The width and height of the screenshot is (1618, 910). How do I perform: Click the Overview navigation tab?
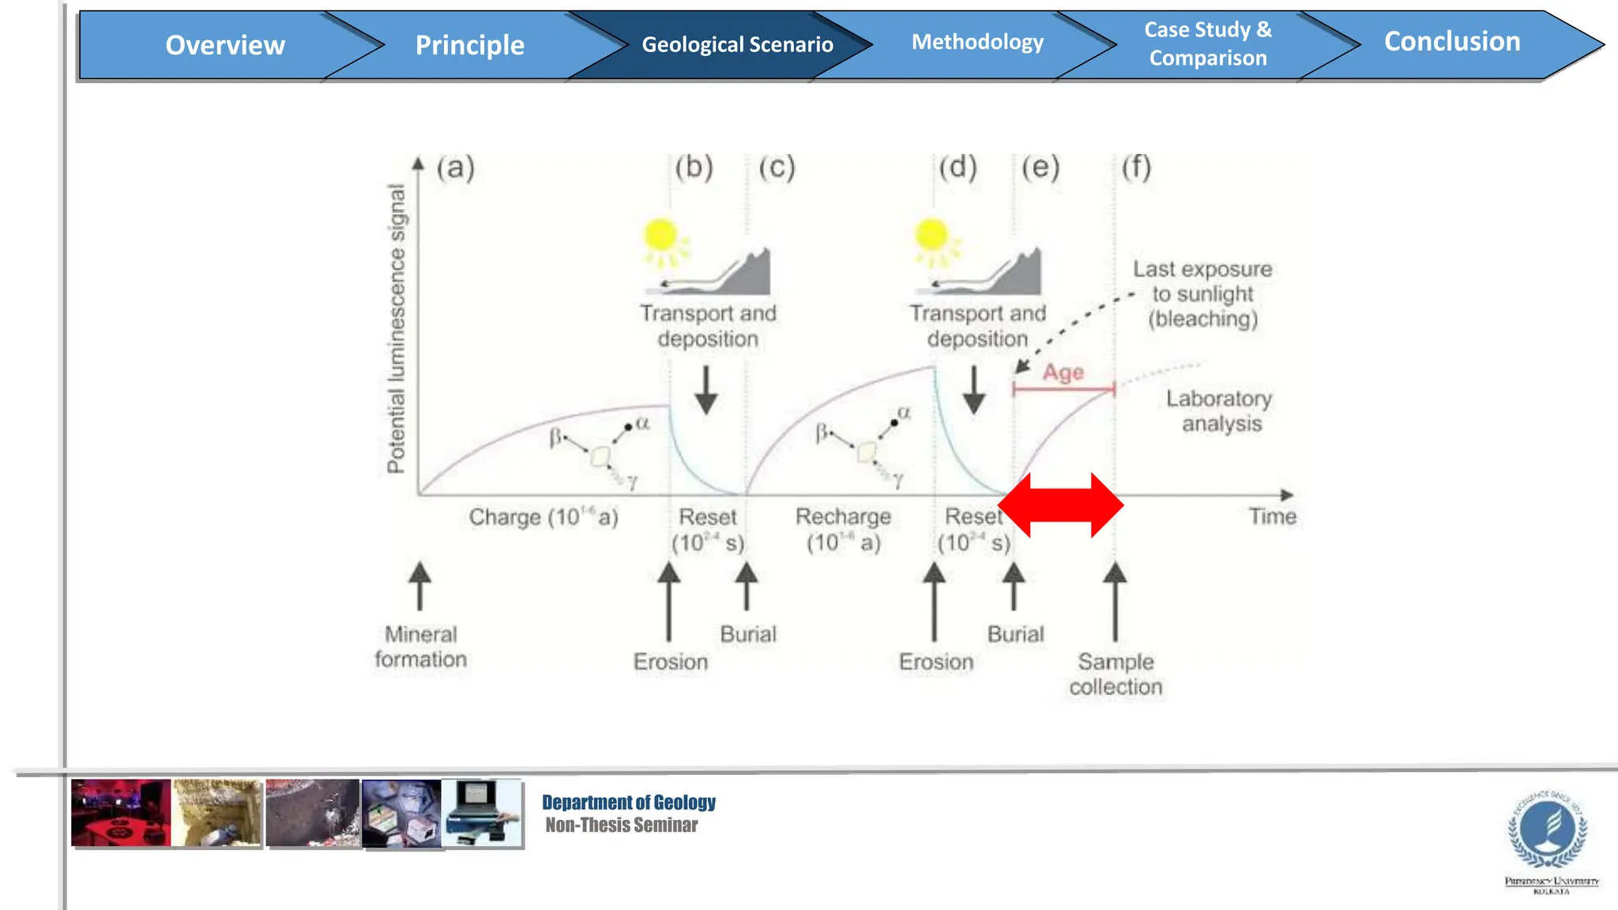(225, 45)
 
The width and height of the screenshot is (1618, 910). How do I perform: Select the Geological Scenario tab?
(736, 45)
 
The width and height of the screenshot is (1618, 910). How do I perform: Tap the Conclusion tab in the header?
(1451, 42)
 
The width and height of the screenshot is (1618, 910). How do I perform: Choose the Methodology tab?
(977, 42)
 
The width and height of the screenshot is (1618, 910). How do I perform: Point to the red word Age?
(1063, 372)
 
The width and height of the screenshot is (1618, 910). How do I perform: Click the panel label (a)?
(456, 167)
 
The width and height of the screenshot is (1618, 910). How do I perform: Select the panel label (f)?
(1136, 167)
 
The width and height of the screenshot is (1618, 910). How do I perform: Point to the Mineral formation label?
(420, 646)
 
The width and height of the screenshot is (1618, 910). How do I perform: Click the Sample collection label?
(1116, 674)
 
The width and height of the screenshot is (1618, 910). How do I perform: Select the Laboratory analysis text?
(1220, 411)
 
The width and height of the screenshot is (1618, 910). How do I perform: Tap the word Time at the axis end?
(1272, 517)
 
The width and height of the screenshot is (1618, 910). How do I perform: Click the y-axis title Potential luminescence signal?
(396, 328)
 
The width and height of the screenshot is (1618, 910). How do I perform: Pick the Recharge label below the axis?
(843, 517)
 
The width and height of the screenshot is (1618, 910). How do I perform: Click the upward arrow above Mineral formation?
(420, 585)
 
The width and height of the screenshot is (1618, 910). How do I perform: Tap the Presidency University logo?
(1550, 833)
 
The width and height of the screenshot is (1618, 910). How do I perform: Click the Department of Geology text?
(629, 803)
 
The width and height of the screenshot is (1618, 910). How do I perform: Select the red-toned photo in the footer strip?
(120, 814)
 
